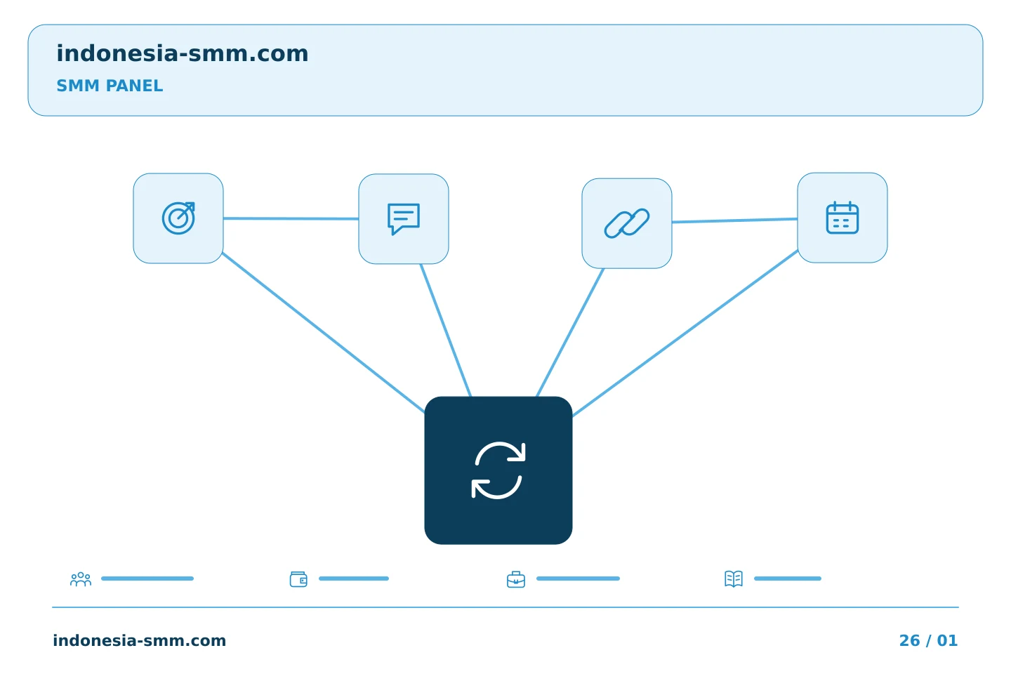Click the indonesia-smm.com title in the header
tap(183, 53)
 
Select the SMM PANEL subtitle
tap(110, 86)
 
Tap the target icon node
tap(178, 218)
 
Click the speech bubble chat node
tap(404, 219)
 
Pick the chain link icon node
tap(627, 223)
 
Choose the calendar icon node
tap(842, 218)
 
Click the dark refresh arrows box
tap(498, 470)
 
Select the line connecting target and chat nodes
tap(291, 218)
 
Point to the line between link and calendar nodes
tap(735, 220)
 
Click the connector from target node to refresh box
tap(324, 333)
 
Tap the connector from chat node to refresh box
tap(445, 331)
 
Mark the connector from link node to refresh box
tap(570, 333)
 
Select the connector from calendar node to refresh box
tap(685, 333)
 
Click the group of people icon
tap(81, 579)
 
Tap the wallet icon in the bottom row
tap(298, 579)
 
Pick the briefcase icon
tap(516, 579)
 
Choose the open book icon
tap(734, 579)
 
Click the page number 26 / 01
tap(928, 640)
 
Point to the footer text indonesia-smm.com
tap(140, 640)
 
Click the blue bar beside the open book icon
tap(788, 579)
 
